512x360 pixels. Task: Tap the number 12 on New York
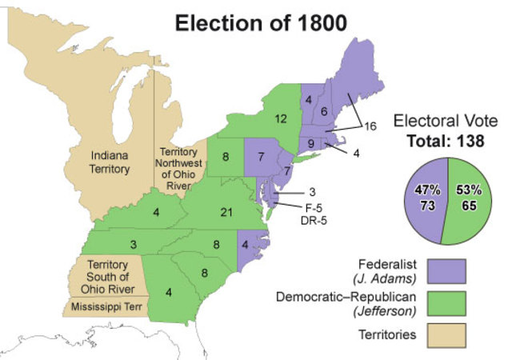pos(280,119)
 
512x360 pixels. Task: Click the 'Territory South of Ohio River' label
pos(110,276)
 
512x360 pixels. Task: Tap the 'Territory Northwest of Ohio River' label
pos(178,169)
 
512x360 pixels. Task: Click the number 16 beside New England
pos(370,126)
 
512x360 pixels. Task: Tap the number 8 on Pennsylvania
pos(226,157)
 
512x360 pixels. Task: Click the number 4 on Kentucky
pos(157,212)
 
